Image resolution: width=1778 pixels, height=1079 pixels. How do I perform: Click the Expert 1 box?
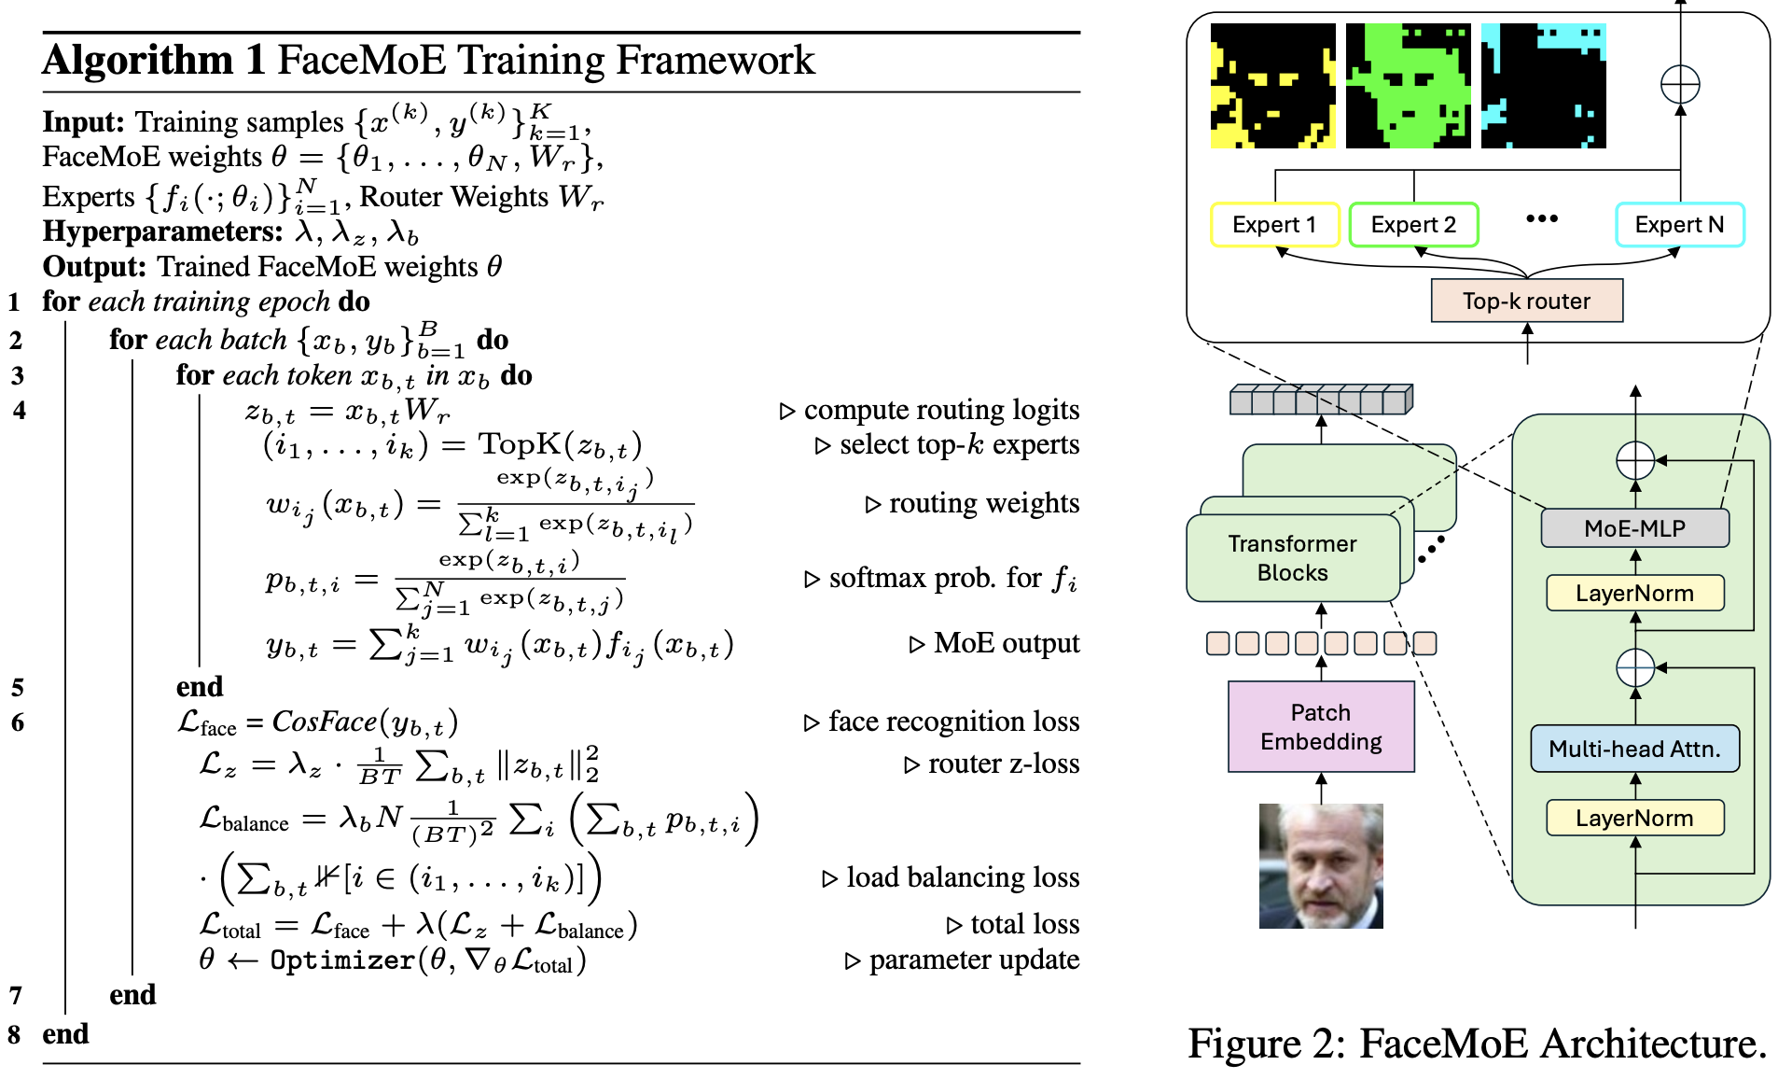1274,225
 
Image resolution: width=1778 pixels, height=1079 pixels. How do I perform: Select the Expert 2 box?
1413,225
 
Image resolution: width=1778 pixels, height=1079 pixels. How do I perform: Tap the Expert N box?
1679,225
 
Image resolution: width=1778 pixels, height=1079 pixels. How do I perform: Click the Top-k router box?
1527,301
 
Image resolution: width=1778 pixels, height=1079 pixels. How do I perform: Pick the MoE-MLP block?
1634,528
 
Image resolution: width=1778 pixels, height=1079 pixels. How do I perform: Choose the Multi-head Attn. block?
1634,749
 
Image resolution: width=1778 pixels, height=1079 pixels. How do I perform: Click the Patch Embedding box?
1321,727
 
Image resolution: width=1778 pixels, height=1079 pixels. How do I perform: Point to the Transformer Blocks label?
1292,558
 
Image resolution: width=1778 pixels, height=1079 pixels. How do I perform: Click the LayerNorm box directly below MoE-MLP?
1634,593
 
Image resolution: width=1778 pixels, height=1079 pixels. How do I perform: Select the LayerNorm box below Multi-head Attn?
1634,818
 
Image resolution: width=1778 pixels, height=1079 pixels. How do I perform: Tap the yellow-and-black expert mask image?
1272,86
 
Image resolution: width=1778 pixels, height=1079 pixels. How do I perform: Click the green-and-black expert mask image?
1408,86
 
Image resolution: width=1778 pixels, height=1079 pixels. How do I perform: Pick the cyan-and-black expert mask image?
1543,86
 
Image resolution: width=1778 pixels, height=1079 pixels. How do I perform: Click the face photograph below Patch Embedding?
1321,866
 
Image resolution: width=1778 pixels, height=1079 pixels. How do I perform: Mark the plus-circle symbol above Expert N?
1680,85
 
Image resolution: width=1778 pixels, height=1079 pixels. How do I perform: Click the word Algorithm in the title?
138,61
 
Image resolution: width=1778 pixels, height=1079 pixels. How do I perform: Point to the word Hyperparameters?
163,232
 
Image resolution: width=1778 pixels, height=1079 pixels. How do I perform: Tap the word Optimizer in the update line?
342,960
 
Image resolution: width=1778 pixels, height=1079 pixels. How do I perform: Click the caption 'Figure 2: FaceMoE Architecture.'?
1478,1044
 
